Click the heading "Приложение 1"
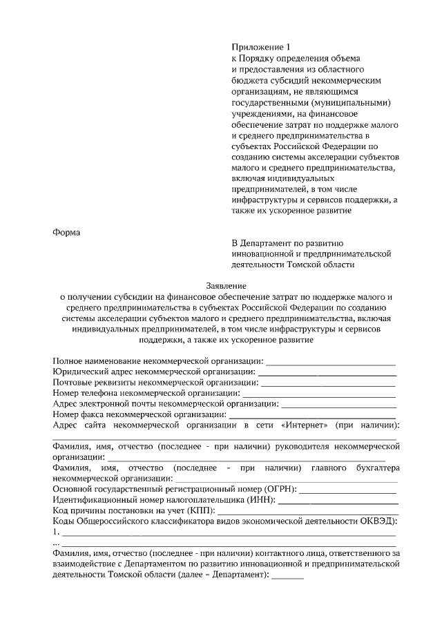(x=257, y=48)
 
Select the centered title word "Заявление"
(x=226, y=286)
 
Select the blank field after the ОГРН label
(x=348, y=490)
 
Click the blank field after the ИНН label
(x=338, y=500)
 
